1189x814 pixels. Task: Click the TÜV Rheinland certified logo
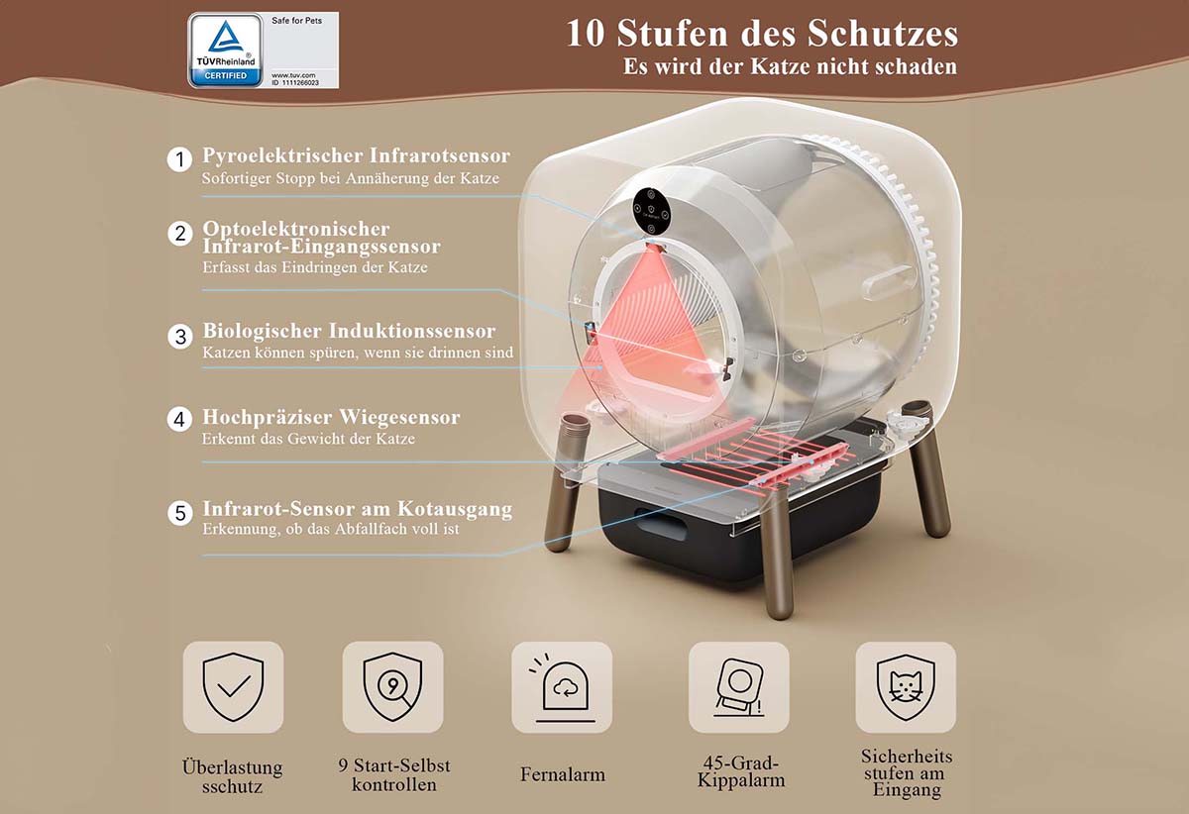point(226,51)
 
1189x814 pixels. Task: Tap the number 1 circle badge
point(179,159)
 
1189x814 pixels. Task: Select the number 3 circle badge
point(180,337)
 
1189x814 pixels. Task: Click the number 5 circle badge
point(180,513)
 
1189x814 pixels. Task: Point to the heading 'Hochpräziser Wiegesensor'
point(331,418)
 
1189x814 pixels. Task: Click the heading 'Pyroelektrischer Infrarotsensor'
point(356,155)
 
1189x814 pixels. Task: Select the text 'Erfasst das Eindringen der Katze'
point(315,267)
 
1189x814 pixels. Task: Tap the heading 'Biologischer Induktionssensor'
point(349,331)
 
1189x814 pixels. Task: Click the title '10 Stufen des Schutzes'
point(762,33)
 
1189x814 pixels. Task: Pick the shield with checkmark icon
point(233,687)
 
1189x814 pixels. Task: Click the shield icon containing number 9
point(392,687)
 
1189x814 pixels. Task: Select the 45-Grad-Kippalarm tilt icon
point(739,687)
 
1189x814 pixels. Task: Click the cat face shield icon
point(906,687)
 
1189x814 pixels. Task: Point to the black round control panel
point(651,212)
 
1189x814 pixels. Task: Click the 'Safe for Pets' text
point(296,21)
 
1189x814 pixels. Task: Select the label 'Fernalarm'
point(563,774)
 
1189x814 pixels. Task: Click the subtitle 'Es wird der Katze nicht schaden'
point(791,66)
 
